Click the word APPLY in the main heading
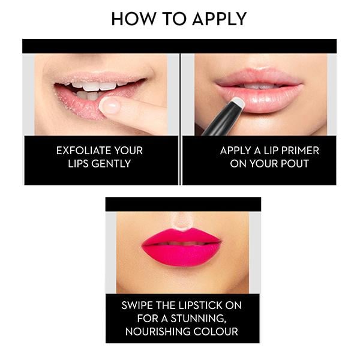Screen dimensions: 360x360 click(x=218, y=19)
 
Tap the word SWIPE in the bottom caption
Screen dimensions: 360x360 click(x=139, y=305)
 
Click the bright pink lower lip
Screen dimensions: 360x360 click(x=182, y=254)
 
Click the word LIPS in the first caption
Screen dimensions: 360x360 click(x=68, y=163)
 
